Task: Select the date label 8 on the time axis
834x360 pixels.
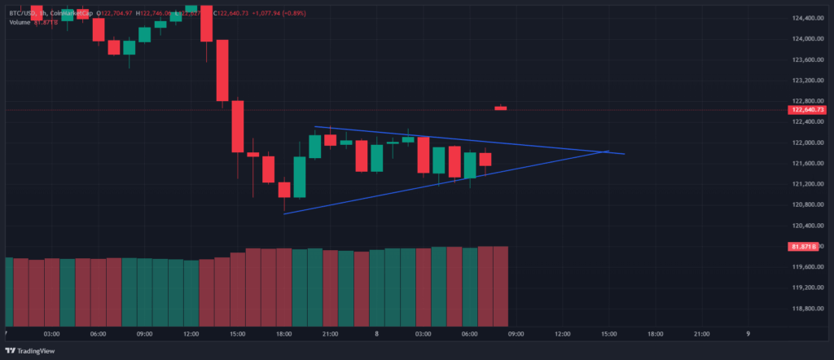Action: pos(376,333)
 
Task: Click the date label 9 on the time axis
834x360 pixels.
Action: pos(748,333)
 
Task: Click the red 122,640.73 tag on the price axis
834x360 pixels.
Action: pos(806,110)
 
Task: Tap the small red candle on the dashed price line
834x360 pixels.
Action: pos(500,108)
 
